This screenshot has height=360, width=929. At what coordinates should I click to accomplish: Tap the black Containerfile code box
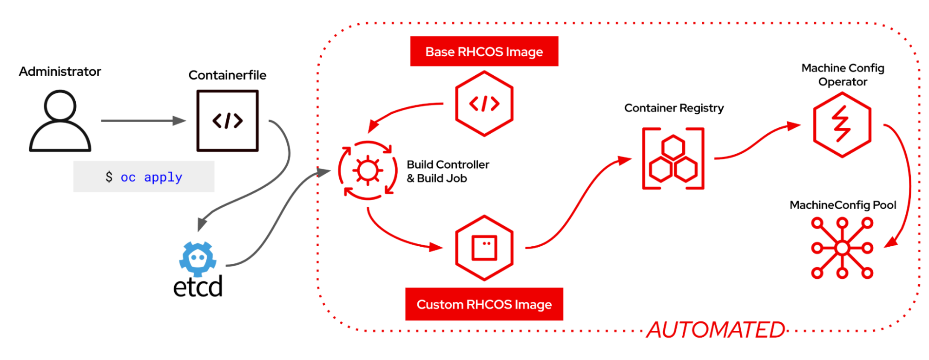click(x=227, y=121)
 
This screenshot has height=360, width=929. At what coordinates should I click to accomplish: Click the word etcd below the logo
click(x=198, y=287)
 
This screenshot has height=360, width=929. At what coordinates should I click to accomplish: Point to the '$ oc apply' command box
click(x=144, y=177)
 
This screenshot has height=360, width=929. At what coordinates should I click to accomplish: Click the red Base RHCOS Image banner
click(x=484, y=52)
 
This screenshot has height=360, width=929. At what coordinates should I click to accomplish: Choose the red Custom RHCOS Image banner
click(x=484, y=304)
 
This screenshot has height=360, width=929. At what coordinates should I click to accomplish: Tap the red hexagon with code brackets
click(x=484, y=104)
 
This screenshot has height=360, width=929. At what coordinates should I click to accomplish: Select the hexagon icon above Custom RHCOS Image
click(x=484, y=248)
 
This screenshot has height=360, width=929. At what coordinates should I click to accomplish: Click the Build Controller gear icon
click(x=368, y=170)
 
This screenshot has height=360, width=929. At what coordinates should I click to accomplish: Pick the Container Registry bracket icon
click(x=673, y=158)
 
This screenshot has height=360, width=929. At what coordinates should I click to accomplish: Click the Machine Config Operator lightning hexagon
click(x=842, y=124)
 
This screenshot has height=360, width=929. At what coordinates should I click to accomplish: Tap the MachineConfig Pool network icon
click(x=842, y=248)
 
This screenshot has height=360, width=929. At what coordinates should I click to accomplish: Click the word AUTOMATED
click(x=716, y=330)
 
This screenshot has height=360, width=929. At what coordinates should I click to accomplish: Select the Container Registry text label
click(x=674, y=108)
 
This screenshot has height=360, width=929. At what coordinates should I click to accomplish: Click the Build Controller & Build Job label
click(x=448, y=171)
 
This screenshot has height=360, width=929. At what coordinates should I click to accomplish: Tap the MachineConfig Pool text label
click(x=843, y=205)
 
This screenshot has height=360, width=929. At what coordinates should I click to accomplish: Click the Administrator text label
click(x=60, y=72)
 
